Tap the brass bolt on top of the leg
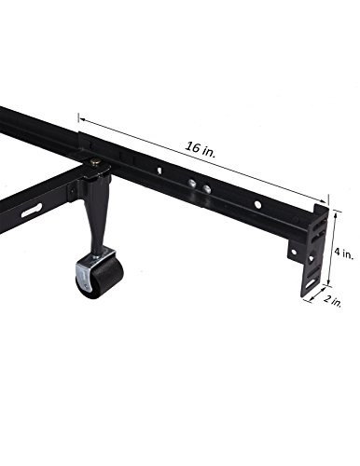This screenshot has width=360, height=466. tap(96, 164)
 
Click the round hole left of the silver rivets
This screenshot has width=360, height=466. tap(160, 171)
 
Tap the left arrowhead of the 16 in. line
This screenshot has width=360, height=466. tap(82, 117)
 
